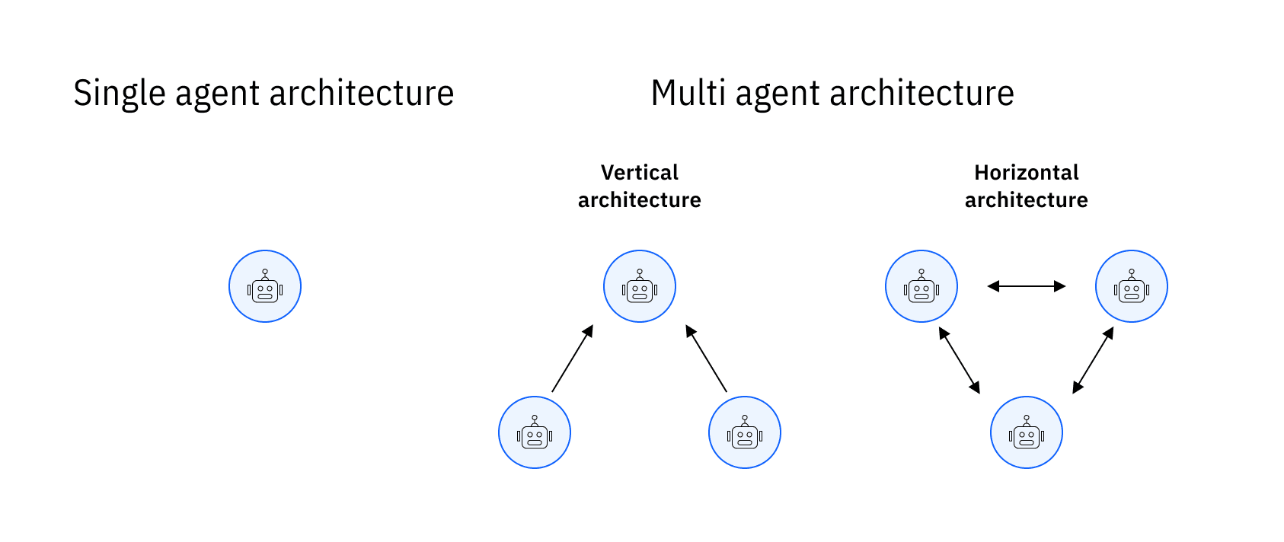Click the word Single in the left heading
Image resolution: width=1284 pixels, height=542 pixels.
[120, 94]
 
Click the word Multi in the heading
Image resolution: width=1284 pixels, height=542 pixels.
[688, 94]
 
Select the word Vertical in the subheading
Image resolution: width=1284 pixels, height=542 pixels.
[639, 173]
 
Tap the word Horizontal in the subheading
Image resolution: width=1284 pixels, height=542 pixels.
[1026, 173]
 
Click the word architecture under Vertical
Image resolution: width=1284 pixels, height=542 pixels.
[639, 200]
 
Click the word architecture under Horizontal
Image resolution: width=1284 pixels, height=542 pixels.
[1026, 200]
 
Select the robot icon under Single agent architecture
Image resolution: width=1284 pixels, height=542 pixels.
[265, 286]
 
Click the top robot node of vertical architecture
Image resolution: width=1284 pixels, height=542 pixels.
[640, 286]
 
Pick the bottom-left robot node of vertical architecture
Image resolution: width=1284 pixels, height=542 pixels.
[535, 432]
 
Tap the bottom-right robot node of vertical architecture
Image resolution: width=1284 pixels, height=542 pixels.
[745, 432]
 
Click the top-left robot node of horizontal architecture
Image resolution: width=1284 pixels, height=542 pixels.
[921, 286]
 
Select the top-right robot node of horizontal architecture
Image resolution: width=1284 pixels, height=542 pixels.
[1132, 286]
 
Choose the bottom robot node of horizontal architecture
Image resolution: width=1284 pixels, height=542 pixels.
[1027, 432]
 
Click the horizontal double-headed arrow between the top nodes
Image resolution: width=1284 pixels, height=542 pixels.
[1027, 286]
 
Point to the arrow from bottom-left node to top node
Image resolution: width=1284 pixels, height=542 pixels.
[573, 359]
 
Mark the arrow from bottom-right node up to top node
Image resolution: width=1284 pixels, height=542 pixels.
[707, 359]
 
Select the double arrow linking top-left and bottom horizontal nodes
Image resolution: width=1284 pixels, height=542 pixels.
[960, 360]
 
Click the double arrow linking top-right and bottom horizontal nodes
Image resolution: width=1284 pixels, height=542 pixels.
[1094, 360]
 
